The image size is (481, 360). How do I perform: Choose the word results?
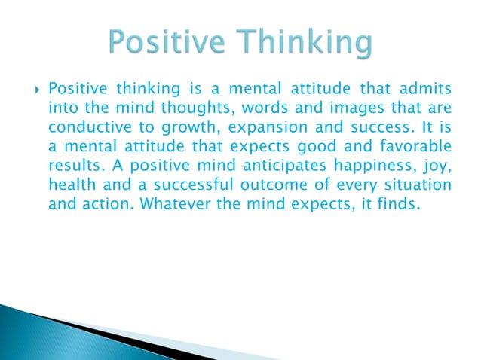click(x=71, y=157)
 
